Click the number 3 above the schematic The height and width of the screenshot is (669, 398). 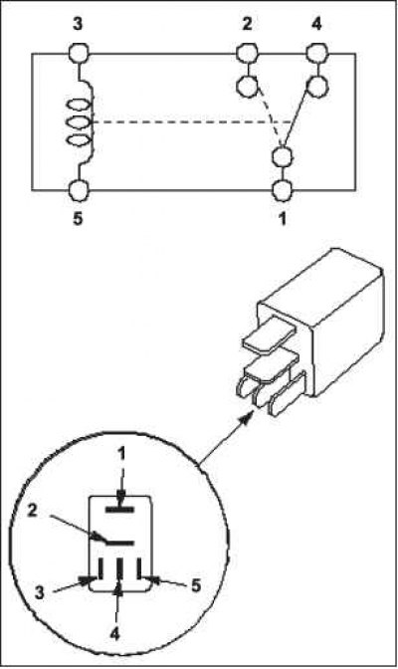click(78, 24)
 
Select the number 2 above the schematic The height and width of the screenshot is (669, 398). click(247, 24)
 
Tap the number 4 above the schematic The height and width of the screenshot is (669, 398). click(316, 24)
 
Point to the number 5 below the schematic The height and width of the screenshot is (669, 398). click(78, 219)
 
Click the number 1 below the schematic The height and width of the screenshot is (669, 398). click(282, 219)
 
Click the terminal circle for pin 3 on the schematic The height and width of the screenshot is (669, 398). click(79, 55)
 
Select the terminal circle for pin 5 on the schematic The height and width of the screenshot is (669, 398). click(79, 190)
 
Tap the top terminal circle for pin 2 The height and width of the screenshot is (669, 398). click(247, 54)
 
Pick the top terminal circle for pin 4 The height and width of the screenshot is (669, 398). click(317, 54)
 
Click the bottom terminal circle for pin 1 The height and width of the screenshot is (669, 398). click(282, 190)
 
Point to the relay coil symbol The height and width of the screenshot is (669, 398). click(80, 122)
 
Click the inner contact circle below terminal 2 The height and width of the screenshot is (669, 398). click(247, 87)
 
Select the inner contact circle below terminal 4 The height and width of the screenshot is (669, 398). click(317, 86)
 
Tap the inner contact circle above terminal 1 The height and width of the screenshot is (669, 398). click(282, 157)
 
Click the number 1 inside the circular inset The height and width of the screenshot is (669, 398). click(122, 455)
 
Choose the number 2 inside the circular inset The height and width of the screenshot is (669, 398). click(33, 511)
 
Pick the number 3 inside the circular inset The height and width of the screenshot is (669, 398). click(39, 592)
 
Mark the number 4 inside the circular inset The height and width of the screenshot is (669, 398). click(114, 634)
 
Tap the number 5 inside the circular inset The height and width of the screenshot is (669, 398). click(196, 585)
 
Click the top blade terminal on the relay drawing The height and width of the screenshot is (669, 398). click(269, 334)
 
